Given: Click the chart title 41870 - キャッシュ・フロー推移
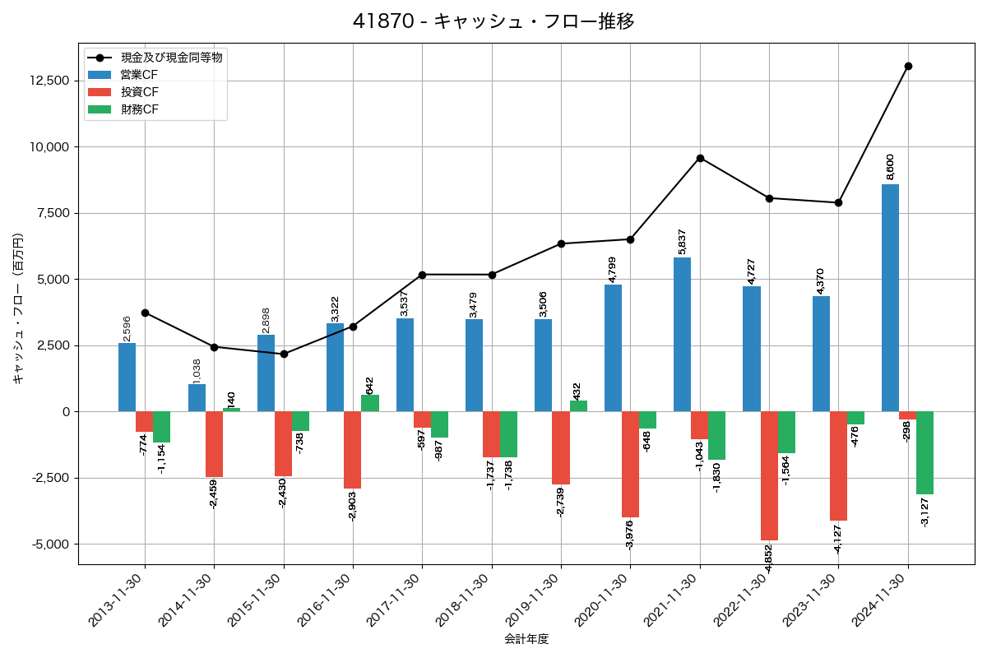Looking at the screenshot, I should [x=493, y=21].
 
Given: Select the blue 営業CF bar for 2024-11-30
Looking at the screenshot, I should [x=890, y=298].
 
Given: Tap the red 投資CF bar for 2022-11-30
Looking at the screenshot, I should [x=769, y=475].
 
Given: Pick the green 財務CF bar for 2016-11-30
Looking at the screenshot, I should [x=370, y=403].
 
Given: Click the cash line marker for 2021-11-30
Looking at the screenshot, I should [x=700, y=158].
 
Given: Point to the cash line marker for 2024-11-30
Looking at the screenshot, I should [x=908, y=66].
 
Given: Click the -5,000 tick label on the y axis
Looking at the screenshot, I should [x=50, y=544].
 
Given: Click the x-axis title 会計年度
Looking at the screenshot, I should [x=526, y=639].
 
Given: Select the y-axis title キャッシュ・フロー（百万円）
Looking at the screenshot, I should [x=18, y=308].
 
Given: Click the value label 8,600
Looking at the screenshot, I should [x=890, y=167].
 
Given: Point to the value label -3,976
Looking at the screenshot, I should [x=630, y=534].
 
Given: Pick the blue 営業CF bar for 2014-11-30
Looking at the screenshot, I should [x=197, y=398].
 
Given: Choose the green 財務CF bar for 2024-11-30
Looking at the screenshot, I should [x=925, y=452].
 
